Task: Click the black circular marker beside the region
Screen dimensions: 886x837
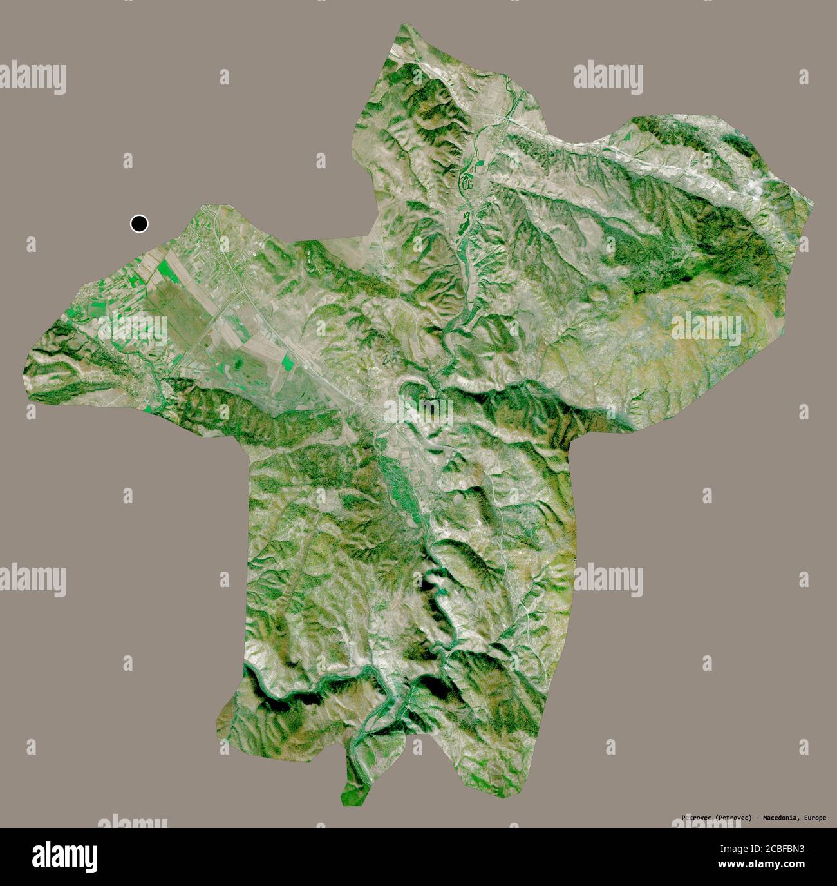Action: coord(139,224)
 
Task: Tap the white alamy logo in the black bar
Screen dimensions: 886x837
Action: coord(64,856)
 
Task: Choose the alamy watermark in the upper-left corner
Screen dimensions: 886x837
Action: coord(33,76)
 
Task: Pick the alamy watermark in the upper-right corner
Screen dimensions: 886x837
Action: coord(608,75)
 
